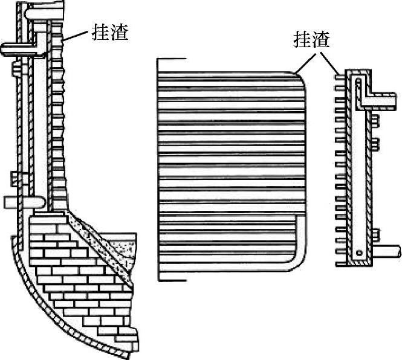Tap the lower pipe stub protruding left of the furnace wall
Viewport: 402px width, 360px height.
point(13,202)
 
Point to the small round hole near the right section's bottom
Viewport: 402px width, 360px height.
point(359,251)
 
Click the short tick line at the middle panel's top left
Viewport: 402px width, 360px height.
point(172,59)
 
